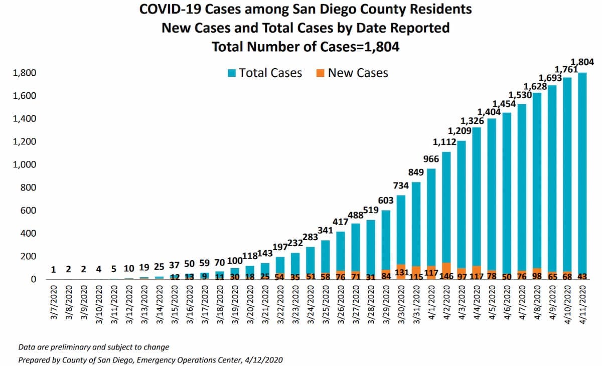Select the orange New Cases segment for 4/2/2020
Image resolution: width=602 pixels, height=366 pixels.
tap(446, 271)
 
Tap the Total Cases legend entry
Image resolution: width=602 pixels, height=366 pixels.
tap(265, 73)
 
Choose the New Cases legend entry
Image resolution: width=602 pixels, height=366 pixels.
tap(352, 73)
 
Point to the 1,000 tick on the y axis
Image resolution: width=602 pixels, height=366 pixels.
tap(24, 164)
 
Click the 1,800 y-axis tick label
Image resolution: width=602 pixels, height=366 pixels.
tap(24, 73)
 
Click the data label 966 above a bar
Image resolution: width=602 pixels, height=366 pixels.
tap(431, 159)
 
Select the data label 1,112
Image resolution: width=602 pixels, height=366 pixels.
tap(444, 142)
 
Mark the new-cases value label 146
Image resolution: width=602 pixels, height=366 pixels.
tap(446, 276)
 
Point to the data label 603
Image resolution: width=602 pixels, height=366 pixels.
tap(386, 201)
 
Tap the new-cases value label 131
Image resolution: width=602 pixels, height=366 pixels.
tap(401, 273)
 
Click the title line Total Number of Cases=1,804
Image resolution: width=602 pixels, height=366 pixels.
tap(306, 47)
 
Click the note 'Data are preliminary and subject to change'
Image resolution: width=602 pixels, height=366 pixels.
tap(93, 347)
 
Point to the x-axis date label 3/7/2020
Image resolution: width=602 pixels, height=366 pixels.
tap(54, 302)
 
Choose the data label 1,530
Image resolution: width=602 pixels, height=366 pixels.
tap(520, 95)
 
